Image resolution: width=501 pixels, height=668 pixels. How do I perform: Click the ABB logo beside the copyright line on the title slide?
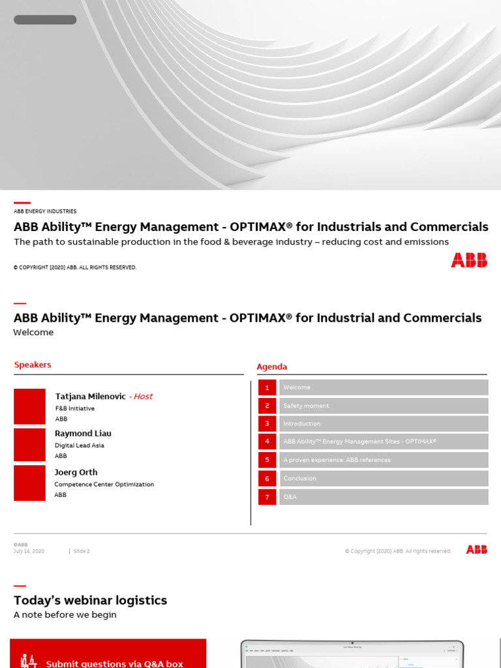(468, 260)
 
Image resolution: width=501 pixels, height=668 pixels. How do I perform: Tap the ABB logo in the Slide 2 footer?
(476, 550)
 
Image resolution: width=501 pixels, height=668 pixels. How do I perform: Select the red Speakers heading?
(33, 365)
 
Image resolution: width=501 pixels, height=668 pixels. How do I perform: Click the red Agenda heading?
(271, 367)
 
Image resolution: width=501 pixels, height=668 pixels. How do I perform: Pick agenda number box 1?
(267, 387)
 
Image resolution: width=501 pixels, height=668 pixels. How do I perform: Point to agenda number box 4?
(267, 442)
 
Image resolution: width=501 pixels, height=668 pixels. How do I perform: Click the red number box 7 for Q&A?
(267, 496)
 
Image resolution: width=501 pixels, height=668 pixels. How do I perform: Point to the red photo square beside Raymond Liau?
(29, 445)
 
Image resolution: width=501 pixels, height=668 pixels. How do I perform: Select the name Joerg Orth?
(76, 472)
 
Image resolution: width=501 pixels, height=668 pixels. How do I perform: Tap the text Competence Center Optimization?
(104, 485)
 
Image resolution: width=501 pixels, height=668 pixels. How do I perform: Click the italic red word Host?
(142, 397)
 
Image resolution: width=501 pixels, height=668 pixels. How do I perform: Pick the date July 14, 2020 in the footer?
(29, 551)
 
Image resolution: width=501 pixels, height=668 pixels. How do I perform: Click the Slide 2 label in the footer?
(82, 551)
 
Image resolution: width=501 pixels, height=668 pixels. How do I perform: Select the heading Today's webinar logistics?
(90, 600)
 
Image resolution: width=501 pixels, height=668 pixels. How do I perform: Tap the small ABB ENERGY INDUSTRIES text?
(45, 211)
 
